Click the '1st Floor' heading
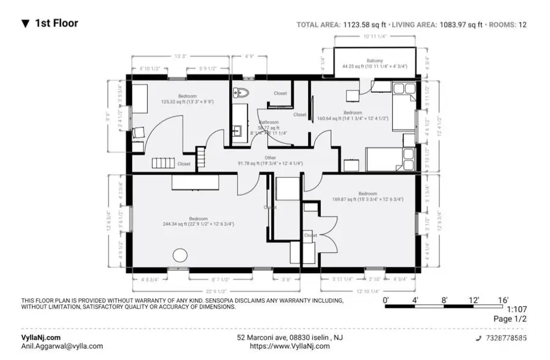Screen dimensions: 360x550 [56, 24]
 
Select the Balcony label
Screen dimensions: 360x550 [375, 61]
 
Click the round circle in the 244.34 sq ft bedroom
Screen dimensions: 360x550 [180, 255]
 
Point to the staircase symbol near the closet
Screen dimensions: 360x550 [163, 163]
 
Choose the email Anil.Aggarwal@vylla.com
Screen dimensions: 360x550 [62, 346]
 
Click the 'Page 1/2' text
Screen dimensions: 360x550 [510, 319]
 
